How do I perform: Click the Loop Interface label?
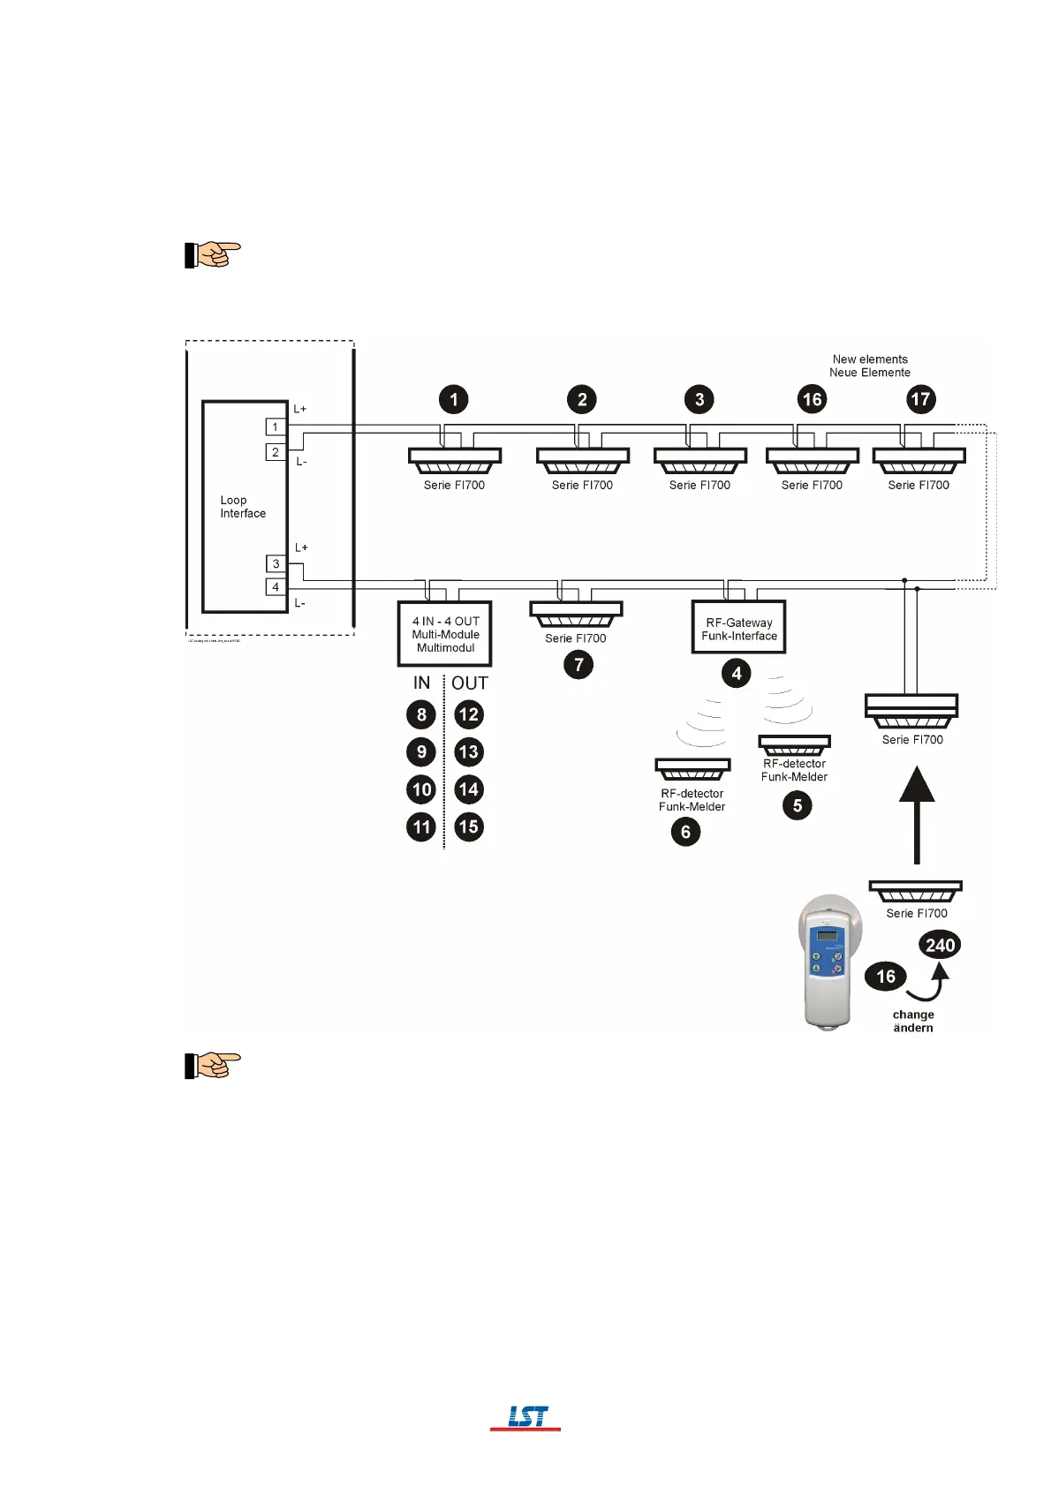pos(242,507)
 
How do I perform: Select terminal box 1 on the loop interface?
pos(276,427)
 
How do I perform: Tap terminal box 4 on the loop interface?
pos(276,587)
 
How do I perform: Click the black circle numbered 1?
pos(454,399)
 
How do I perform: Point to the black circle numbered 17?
pos(920,399)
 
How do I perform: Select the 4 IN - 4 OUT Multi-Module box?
pos(445,634)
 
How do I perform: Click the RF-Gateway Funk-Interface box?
pos(738,629)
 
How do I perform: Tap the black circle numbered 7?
pos(578,665)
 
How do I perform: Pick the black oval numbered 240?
pos(940,945)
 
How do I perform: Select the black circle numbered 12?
pos(468,714)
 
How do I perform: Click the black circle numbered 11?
pos(421,827)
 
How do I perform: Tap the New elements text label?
pos(870,359)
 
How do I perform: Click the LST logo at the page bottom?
pos(526,1417)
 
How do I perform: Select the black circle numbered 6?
pos(685,832)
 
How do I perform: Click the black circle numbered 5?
pos(797,805)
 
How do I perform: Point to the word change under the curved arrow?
pos(913,1015)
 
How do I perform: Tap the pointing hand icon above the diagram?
pos(212,254)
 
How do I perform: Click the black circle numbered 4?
pos(737,674)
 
